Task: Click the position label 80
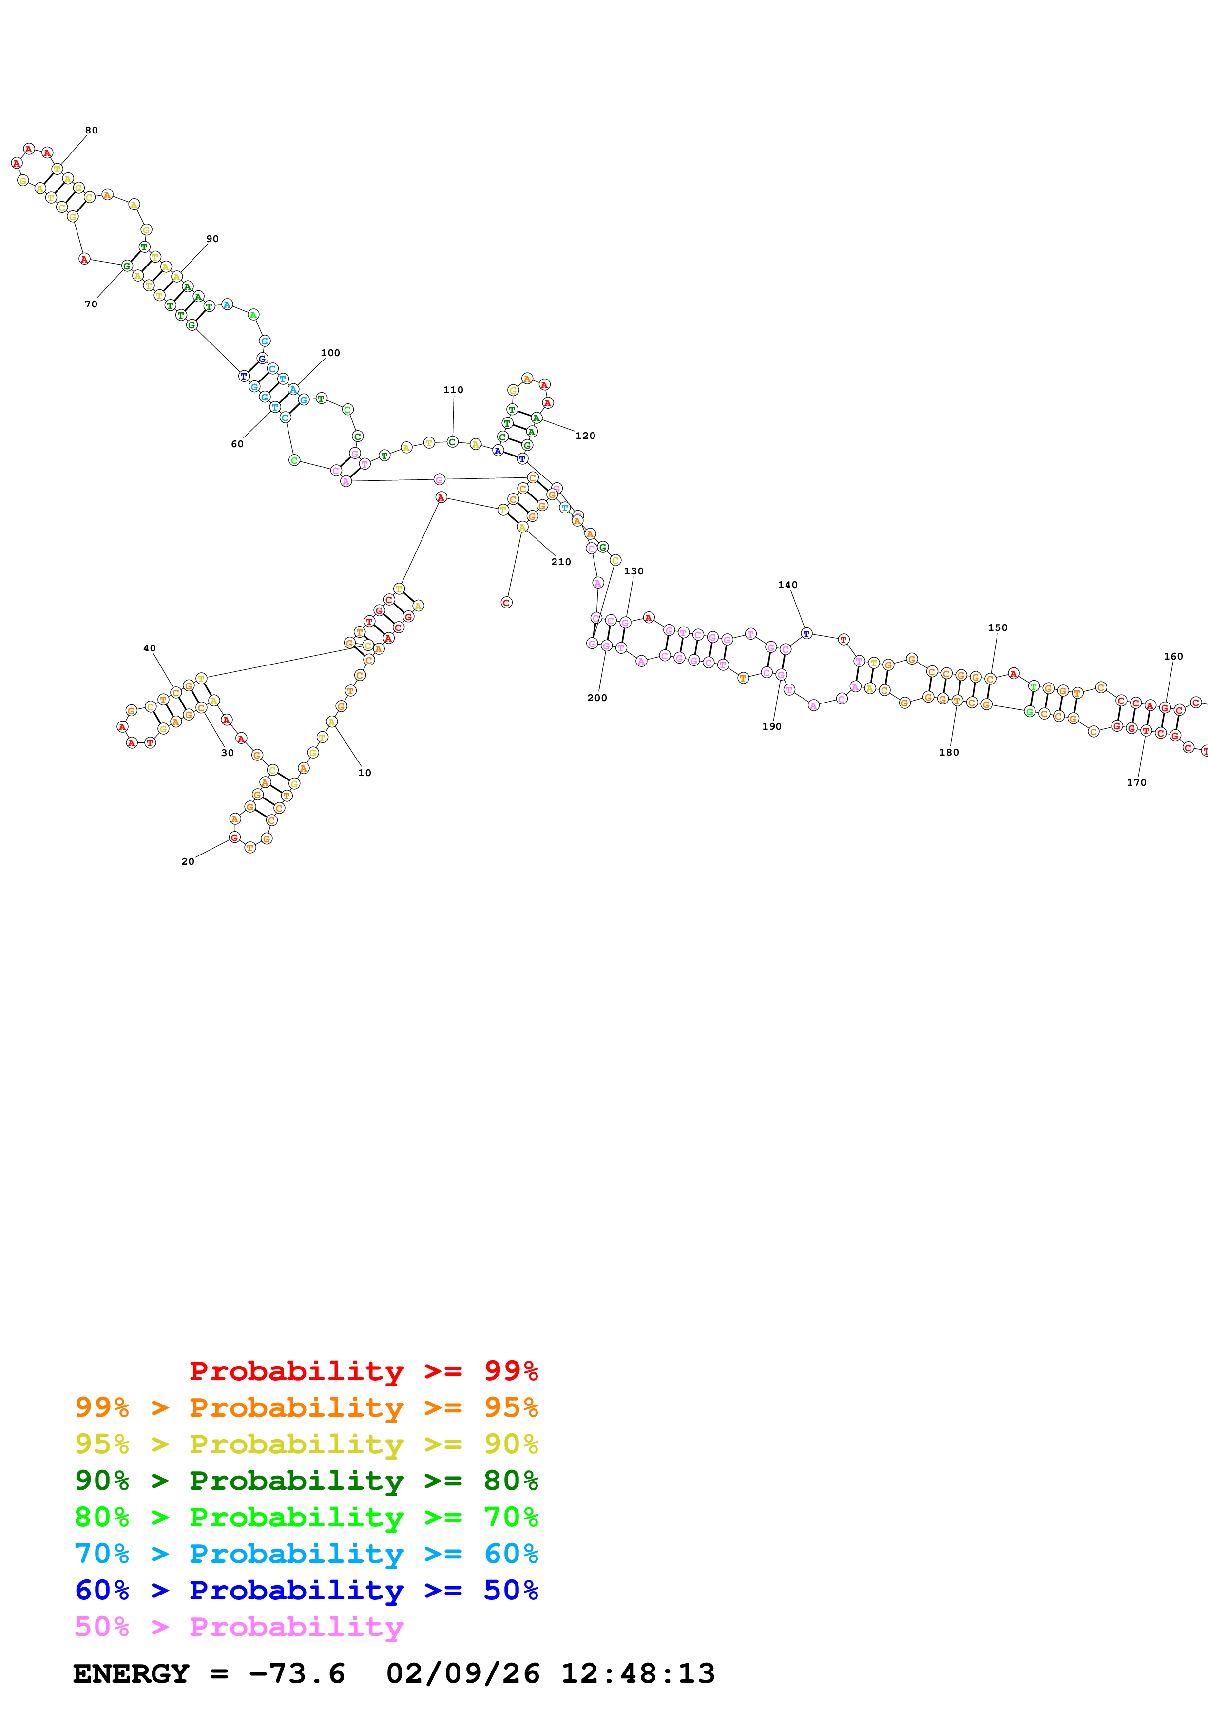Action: point(92,130)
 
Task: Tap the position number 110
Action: point(453,390)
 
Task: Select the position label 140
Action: point(787,585)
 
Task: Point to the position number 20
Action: point(188,862)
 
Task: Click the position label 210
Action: point(561,562)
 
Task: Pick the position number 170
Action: point(1136,782)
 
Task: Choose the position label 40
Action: point(150,648)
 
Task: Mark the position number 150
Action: point(997,627)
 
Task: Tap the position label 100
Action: point(330,353)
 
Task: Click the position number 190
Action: point(772,726)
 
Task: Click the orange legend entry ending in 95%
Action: point(307,1407)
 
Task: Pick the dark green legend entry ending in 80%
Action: point(307,1481)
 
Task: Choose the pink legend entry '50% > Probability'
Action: point(239,1626)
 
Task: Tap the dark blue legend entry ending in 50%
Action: point(307,1590)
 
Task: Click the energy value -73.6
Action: point(297,1674)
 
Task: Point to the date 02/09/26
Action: point(463,1674)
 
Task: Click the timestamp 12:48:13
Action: point(638,1674)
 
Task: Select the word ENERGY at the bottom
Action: point(131,1674)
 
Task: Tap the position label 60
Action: point(237,444)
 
